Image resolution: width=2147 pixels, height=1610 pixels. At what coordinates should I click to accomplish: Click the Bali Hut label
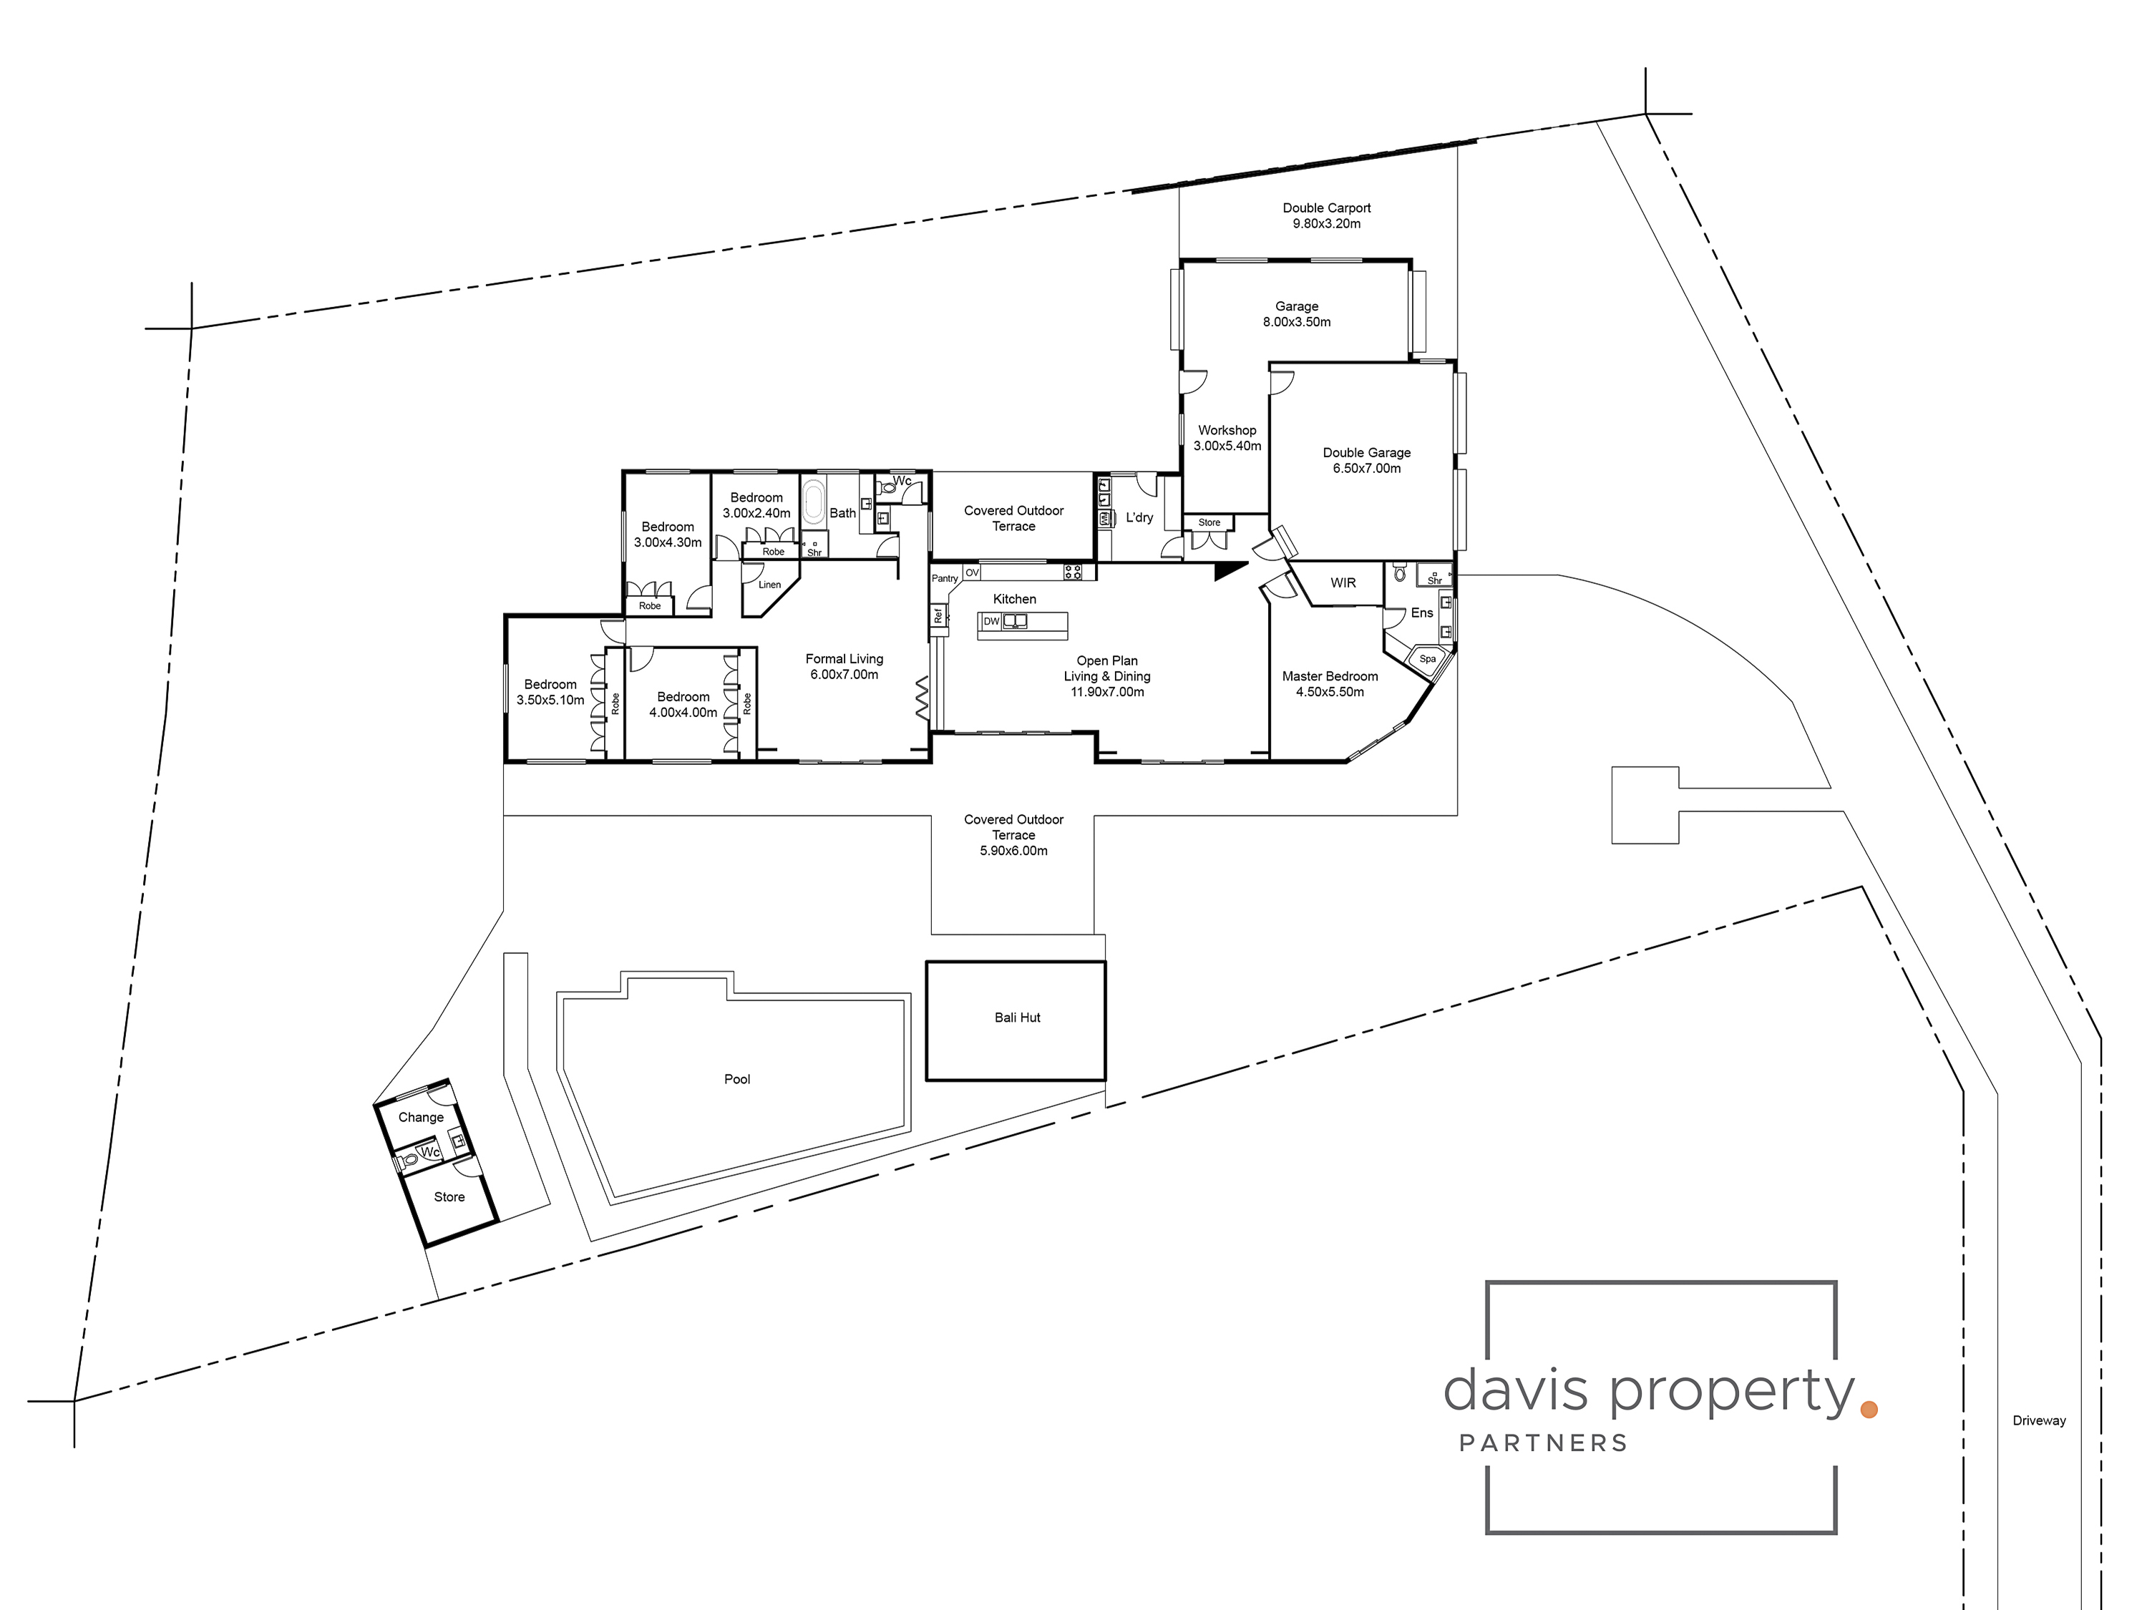[1016, 1017]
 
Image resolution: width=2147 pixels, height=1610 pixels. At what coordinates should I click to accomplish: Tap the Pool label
[736, 1079]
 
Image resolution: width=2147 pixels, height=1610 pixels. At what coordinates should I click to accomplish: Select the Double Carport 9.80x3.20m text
[1326, 215]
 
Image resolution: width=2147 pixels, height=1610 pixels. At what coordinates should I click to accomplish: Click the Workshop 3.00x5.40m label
[1227, 438]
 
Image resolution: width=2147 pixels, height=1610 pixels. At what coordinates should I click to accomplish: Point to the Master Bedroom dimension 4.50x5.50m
[1330, 692]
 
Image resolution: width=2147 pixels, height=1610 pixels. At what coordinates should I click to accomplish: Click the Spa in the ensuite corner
[1427, 659]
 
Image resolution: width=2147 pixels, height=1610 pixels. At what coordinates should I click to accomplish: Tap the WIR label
[1343, 582]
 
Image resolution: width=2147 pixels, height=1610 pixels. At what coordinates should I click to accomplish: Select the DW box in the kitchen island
[991, 621]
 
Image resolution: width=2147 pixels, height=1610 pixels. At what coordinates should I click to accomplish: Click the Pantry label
[945, 578]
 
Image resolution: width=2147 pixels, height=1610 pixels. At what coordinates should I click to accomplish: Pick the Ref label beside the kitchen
[938, 615]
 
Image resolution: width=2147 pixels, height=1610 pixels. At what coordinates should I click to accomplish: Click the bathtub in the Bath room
[812, 503]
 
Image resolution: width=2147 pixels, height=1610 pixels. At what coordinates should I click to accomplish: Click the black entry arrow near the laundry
[1228, 572]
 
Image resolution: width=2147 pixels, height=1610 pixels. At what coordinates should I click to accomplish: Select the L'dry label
[1139, 517]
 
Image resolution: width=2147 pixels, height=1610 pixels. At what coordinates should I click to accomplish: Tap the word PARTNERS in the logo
[1543, 1443]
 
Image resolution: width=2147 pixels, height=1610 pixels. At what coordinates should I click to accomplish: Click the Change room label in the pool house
[420, 1117]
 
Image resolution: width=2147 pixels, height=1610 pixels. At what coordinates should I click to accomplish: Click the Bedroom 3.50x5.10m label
[550, 692]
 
